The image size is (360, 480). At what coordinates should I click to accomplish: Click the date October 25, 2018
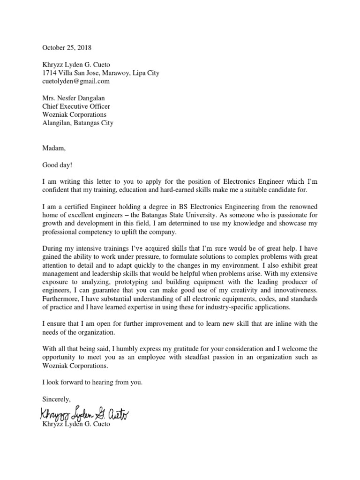point(67,47)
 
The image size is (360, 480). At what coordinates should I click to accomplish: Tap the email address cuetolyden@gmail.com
point(76,81)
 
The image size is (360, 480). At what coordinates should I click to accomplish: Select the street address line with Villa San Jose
point(101,73)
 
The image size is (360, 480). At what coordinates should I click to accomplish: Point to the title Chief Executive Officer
point(76,106)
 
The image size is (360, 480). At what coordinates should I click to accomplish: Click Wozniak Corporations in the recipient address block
point(75,115)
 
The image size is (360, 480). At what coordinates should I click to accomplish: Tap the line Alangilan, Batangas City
point(78,123)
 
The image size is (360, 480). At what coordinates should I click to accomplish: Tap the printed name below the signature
point(76,424)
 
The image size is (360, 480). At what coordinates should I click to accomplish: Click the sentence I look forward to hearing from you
point(92,382)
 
